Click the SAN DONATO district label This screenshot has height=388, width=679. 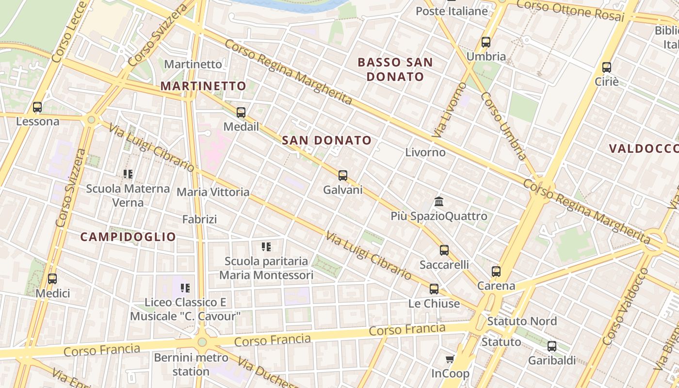point(326,141)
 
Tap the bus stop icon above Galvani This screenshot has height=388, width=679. point(343,176)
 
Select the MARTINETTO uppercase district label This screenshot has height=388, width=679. point(203,86)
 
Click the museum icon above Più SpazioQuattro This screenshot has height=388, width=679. point(439,201)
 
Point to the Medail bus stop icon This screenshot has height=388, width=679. point(241,113)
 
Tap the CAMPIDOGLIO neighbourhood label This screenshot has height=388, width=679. point(128,237)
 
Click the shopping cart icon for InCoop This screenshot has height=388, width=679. point(450,359)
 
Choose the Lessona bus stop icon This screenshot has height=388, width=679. point(37,107)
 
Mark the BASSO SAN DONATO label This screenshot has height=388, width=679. point(395,69)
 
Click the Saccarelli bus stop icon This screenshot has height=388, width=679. point(444,250)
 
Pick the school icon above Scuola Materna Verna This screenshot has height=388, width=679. point(128,174)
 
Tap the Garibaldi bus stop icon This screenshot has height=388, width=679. point(551,346)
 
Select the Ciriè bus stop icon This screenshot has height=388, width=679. point(606,67)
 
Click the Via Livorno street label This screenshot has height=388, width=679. point(449,111)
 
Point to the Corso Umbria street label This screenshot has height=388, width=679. point(503,126)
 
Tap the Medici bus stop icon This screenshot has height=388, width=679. point(52,279)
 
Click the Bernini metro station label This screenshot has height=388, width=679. point(191,365)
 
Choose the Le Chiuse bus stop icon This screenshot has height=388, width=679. point(434,289)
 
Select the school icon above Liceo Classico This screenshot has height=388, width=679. point(185,288)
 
